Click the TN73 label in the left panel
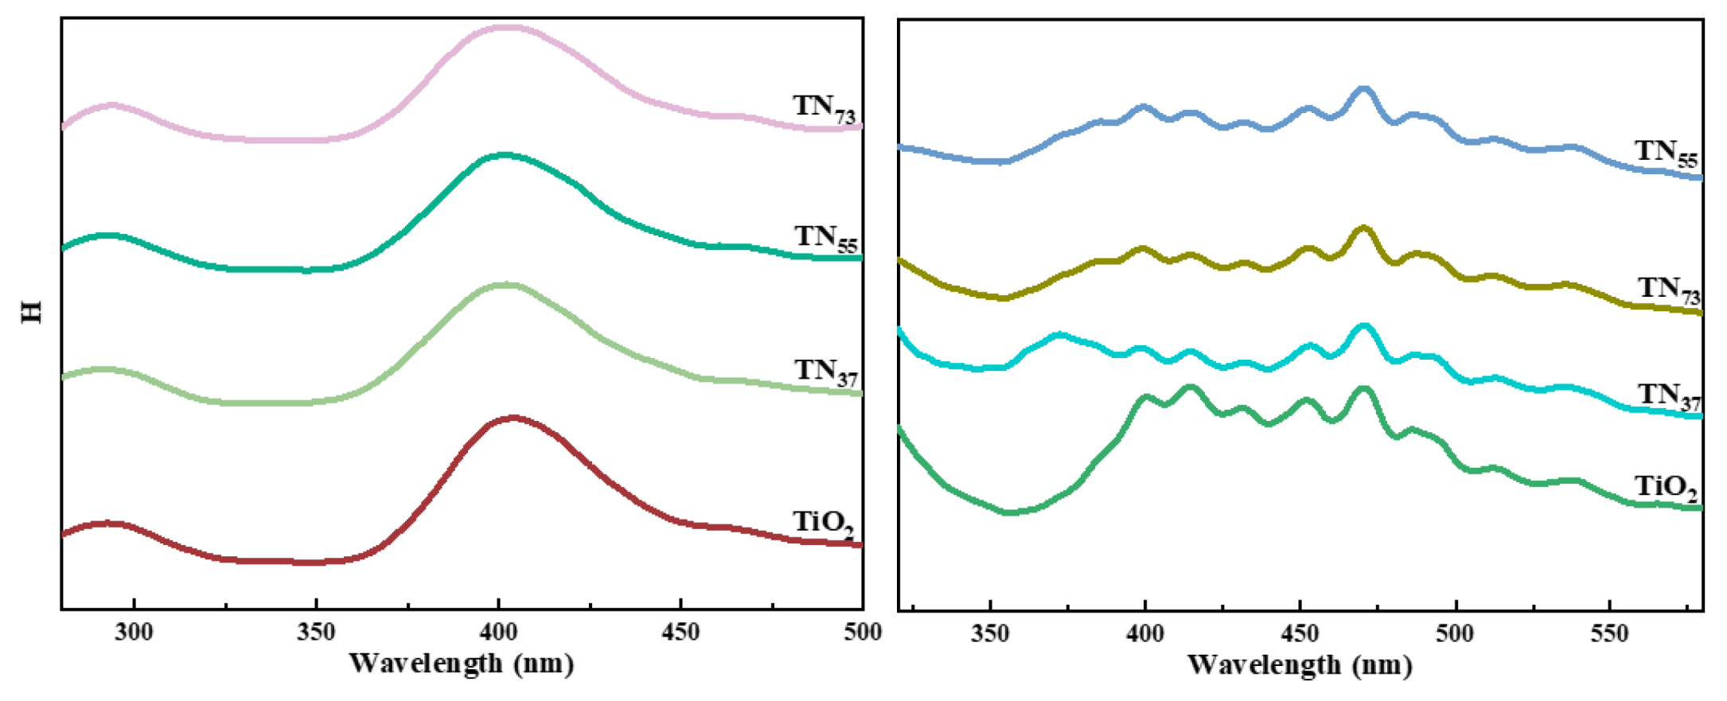tap(824, 108)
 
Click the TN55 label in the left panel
tap(825, 239)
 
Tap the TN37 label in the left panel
tap(825, 372)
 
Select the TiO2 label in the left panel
tap(823, 523)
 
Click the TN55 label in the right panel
tap(1666, 153)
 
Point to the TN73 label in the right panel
tap(1668, 290)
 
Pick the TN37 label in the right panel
tap(1668, 396)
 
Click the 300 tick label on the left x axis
tap(134, 633)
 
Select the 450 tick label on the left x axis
tap(680, 633)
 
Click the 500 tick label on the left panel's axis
tap(863, 633)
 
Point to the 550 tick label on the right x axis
tap(1610, 634)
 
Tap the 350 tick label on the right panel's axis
tap(990, 634)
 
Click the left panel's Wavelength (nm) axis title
tap(461, 663)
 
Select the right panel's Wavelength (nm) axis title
tap(1300, 664)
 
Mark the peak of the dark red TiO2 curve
tap(513, 417)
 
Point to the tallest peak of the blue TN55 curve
tap(1363, 89)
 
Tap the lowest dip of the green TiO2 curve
tap(1009, 512)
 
